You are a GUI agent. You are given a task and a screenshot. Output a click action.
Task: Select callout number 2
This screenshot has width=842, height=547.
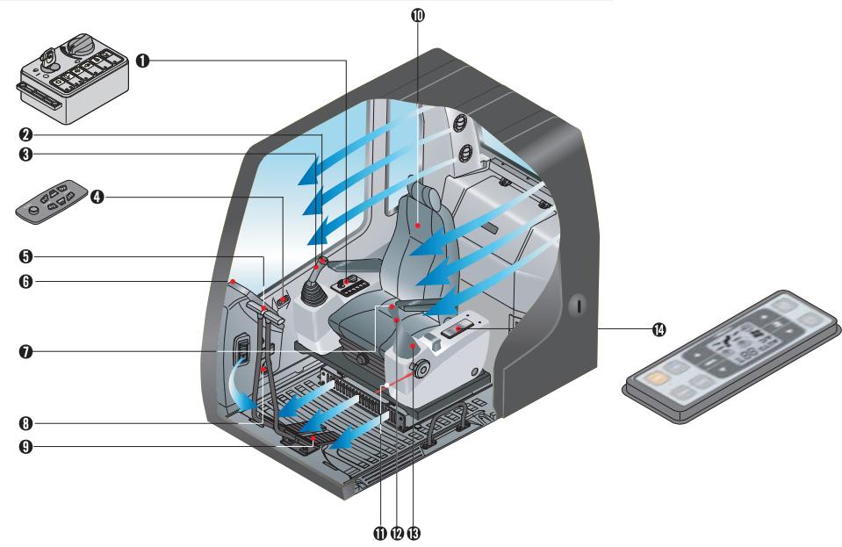pyautogui.click(x=28, y=135)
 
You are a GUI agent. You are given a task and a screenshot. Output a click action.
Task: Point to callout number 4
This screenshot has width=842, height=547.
pyautogui.click(x=97, y=198)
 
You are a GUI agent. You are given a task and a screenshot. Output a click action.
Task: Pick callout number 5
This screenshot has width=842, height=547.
pyautogui.click(x=28, y=257)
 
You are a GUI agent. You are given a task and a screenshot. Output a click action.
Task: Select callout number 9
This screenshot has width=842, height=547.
pyautogui.click(x=28, y=447)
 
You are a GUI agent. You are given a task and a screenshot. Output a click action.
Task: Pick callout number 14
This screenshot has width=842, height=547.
pyautogui.click(x=658, y=329)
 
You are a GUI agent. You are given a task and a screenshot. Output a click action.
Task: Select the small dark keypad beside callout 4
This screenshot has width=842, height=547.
pyautogui.click(x=54, y=200)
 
